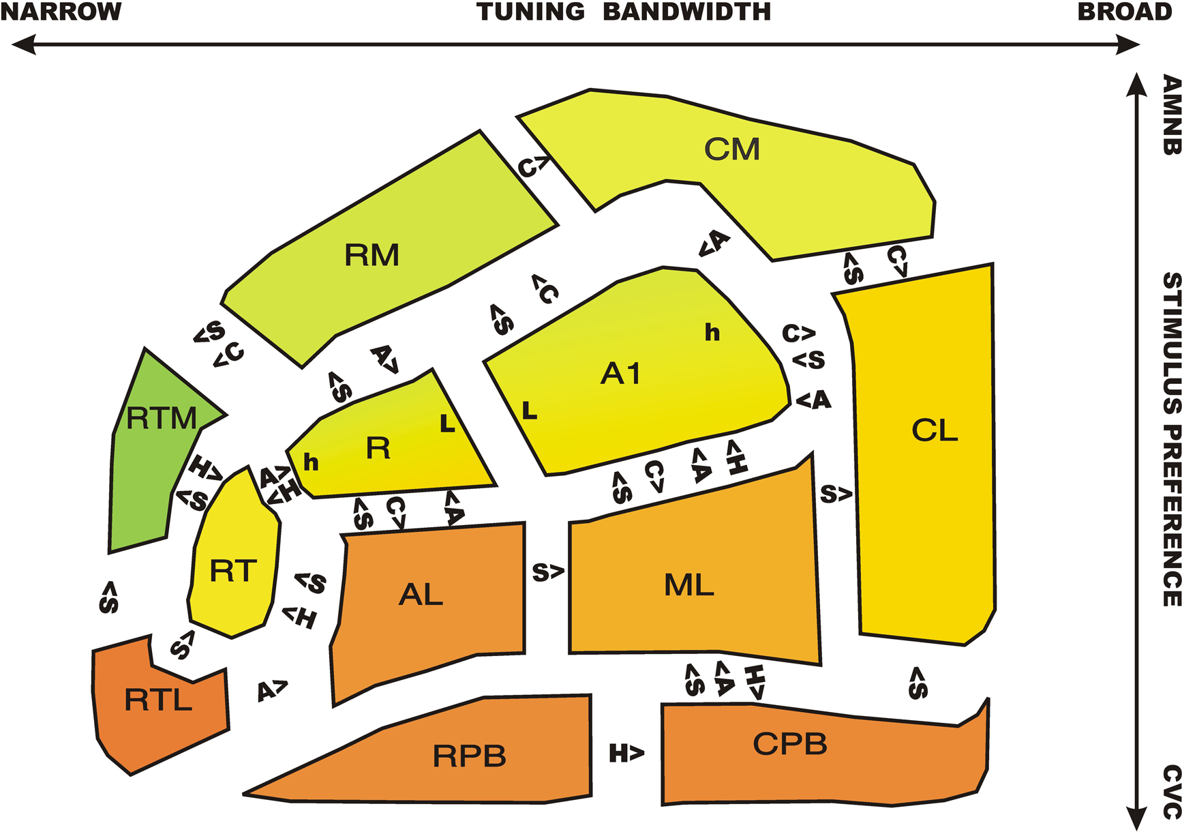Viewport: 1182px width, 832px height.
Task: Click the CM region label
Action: click(731, 149)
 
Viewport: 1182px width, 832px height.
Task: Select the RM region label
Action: click(372, 255)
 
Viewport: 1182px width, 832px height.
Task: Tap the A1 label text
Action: click(620, 374)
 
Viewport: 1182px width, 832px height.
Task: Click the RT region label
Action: click(233, 571)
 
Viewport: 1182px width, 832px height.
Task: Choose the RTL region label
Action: click(158, 700)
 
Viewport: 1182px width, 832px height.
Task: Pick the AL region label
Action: click(421, 595)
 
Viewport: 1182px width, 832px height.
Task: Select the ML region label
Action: click(689, 585)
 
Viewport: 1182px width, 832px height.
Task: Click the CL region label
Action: click(935, 430)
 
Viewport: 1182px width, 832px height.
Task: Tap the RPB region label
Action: click(470, 756)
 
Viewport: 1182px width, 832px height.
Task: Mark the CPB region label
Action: click(790, 744)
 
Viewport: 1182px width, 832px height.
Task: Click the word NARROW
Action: click(61, 12)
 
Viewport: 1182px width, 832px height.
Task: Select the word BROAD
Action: click(1124, 12)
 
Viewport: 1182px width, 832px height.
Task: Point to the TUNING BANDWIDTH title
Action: click(624, 12)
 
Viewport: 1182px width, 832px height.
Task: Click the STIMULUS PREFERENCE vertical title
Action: click(1171, 439)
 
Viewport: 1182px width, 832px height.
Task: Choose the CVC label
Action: click(1171, 791)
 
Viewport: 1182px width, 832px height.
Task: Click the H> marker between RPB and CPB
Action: click(626, 754)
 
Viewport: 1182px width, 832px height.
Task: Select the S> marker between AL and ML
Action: click(548, 573)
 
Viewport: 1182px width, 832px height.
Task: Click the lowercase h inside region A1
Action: click(712, 333)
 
